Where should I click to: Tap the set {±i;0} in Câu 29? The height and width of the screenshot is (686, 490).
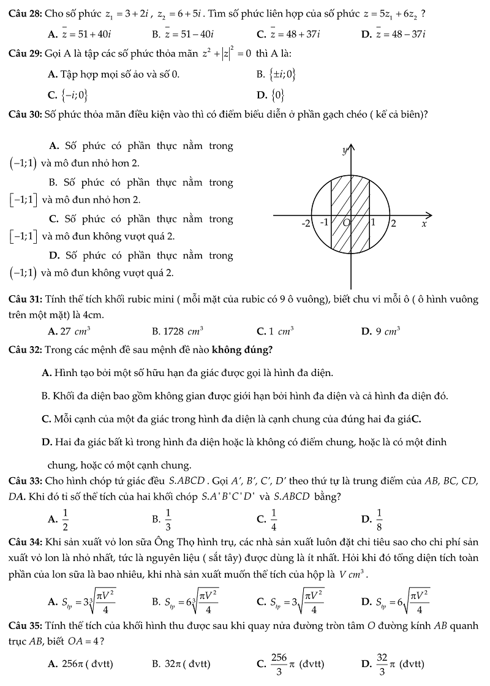click(x=282, y=75)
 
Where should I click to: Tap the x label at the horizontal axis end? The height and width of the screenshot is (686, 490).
click(x=423, y=224)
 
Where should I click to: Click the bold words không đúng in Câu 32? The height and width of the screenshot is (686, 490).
click(x=241, y=350)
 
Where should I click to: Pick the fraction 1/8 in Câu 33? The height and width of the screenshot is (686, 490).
click(x=379, y=519)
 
